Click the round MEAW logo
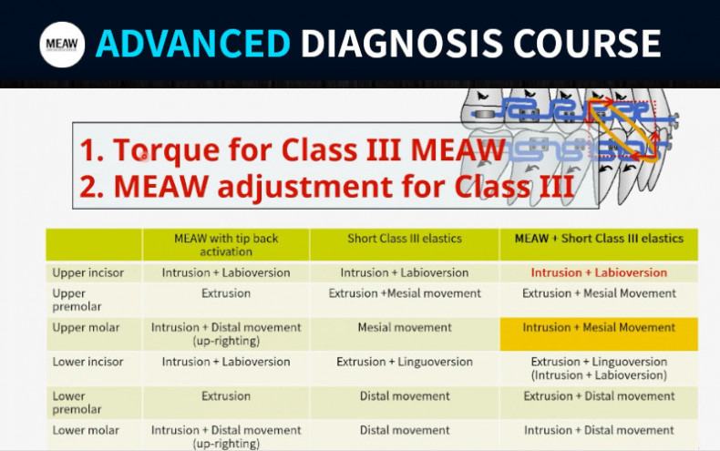(62, 45)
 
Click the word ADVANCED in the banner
(193, 44)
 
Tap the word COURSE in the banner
(587, 44)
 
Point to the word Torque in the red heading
(167, 150)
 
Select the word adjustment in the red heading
(305, 186)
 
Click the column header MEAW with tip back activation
(226, 245)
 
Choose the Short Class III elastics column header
(405, 239)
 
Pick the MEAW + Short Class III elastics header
(599, 239)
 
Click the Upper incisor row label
(88, 272)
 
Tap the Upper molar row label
(86, 327)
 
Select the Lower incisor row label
(87, 362)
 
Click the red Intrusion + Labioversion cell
(599, 272)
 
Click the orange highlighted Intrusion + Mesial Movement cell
(599, 333)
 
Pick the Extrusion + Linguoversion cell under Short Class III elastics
(405, 362)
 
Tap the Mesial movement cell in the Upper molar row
(405, 327)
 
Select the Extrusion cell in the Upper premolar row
(226, 293)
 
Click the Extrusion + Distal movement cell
(599, 396)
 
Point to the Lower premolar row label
(77, 403)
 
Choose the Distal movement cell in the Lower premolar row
(405, 396)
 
